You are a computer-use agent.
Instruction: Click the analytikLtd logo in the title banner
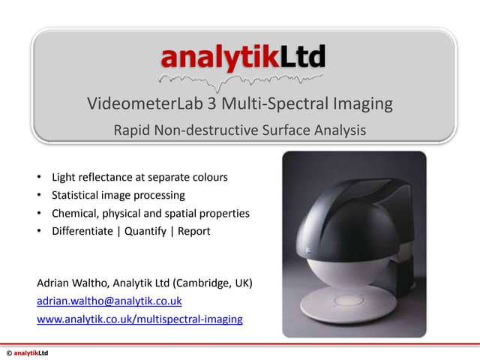pyautogui.click(x=243, y=55)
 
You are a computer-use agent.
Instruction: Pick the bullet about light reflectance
pyautogui.click(x=139, y=178)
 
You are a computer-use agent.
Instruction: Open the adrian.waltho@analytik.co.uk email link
pyautogui.click(x=109, y=301)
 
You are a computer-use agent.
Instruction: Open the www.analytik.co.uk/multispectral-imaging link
pyautogui.click(x=139, y=319)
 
